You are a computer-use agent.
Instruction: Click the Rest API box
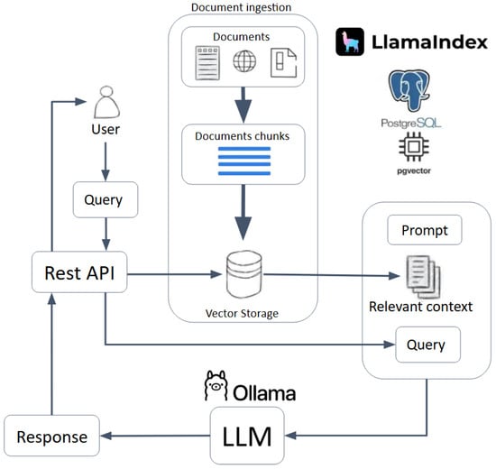point(79,272)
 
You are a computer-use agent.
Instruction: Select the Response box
point(52,436)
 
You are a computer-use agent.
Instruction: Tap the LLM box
point(247,436)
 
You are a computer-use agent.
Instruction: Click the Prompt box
point(425,230)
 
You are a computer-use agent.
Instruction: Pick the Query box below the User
point(106,199)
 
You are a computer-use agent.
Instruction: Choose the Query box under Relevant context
point(428,345)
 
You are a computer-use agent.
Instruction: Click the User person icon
point(107,102)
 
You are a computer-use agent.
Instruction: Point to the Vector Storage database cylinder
point(244,274)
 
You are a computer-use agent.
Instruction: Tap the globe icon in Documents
point(244,61)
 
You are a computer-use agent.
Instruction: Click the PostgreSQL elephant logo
point(409,91)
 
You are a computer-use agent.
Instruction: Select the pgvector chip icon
point(414,146)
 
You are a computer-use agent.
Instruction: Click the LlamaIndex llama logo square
point(350,41)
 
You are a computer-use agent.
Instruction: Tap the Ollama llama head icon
point(216,385)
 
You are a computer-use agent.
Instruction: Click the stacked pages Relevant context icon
point(423,277)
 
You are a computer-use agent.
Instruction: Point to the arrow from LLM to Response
point(155,436)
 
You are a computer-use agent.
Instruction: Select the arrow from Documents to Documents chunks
point(243,105)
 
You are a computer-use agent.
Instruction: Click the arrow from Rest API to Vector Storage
point(174,274)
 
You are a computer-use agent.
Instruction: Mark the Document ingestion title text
point(242,7)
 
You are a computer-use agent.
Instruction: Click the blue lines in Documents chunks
point(244,161)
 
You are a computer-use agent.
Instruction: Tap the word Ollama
point(264,393)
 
